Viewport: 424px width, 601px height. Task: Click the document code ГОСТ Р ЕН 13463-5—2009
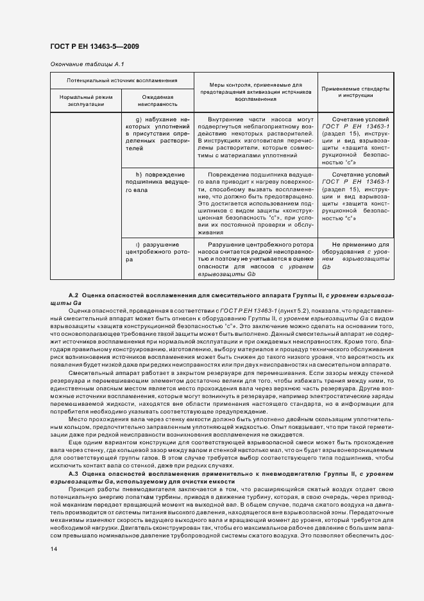point(94,47)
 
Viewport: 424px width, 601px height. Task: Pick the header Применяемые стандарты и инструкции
point(355,91)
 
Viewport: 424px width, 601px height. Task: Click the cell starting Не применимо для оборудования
point(355,256)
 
